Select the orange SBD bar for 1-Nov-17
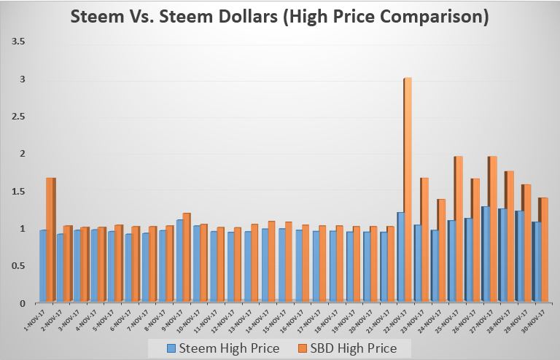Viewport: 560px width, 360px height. [x=50, y=240]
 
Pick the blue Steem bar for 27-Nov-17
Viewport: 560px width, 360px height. [x=485, y=254]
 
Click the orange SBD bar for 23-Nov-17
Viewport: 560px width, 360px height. [x=424, y=240]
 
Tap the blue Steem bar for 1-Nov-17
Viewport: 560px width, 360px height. [x=42, y=266]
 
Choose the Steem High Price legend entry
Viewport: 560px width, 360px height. [x=223, y=348]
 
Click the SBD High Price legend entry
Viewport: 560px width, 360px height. [x=349, y=348]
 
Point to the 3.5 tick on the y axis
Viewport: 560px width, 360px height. [x=17, y=42]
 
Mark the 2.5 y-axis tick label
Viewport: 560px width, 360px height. [x=17, y=117]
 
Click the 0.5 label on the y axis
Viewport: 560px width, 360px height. [x=17, y=265]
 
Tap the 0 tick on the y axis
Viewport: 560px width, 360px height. [x=22, y=303]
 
